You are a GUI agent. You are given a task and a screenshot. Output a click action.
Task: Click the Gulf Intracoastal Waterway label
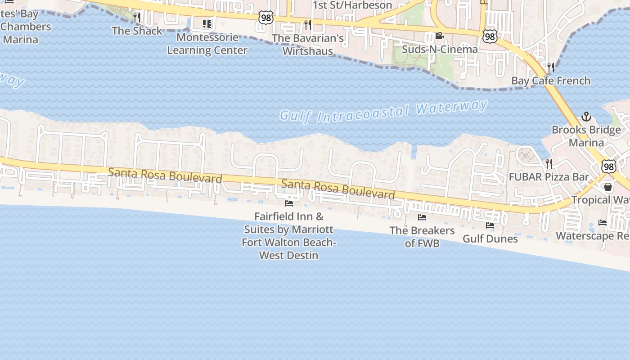pos(383,111)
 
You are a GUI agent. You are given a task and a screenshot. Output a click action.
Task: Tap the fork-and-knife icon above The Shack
pos(137,18)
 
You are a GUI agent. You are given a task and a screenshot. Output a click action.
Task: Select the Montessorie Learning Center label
pos(207,44)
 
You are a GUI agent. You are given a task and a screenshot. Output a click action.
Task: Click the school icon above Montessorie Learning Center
pos(207,23)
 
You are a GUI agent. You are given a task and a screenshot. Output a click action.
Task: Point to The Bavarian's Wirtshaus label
pos(308,45)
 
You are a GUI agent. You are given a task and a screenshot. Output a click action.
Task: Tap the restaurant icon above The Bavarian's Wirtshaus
pos(308,24)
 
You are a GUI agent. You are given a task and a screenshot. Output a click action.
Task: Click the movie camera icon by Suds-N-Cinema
pos(439,36)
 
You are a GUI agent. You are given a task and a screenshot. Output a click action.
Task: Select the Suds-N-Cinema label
pos(439,49)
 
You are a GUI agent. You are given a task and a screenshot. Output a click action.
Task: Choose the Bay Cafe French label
pos(551,81)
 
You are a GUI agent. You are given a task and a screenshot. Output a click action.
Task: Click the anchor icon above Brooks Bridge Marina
pos(586,117)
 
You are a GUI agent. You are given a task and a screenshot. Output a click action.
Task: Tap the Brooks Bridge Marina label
pos(586,136)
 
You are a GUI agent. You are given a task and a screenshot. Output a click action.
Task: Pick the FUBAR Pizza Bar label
pos(549,177)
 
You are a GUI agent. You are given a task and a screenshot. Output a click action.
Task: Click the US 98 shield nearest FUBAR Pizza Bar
pos(608,167)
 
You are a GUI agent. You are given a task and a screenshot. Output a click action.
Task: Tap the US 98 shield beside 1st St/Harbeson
pos(265,18)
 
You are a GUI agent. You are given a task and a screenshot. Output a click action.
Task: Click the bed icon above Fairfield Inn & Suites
pos(289,203)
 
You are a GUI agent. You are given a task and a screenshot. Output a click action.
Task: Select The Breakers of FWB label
pos(422,237)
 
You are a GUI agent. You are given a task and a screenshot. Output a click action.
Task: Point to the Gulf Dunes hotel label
pos(490,238)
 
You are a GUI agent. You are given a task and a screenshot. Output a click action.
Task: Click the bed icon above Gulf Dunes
pos(490,225)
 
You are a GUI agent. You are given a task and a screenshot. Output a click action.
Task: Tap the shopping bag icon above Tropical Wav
pos(608,187)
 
